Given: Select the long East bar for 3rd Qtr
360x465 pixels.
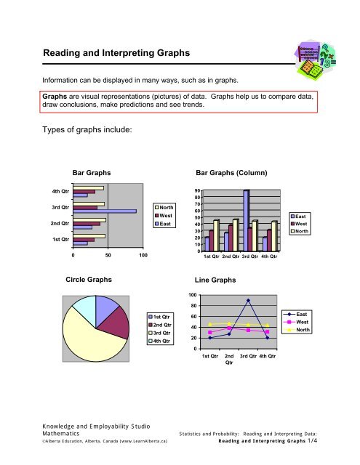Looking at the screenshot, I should click(105, 211).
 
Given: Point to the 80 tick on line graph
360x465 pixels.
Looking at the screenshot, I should click(191, 306).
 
